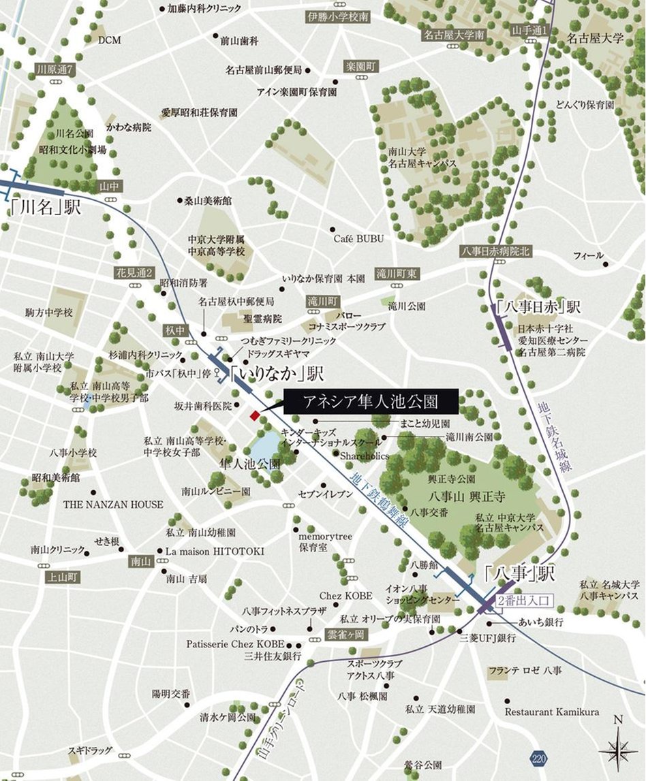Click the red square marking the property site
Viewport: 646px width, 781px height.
coord(254,415)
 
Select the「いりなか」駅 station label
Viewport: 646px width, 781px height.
coord(276,374)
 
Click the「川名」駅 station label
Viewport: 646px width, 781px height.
coord(46,207)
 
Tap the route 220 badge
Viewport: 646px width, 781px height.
coord(539,758)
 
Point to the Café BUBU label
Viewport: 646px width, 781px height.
coord(358,238)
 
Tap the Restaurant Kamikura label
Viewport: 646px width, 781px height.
coord(552,712)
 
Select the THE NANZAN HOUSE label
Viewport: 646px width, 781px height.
coord(113,505)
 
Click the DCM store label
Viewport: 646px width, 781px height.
coord(109,39)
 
